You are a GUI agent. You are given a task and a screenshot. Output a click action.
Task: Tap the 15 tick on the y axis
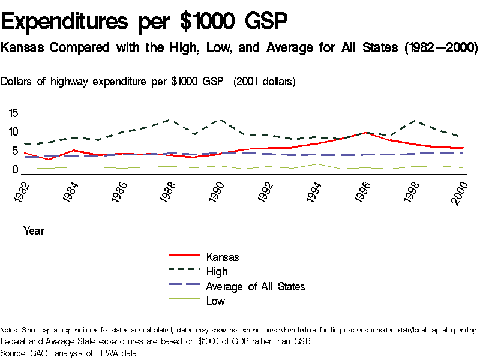[x=14, y=113]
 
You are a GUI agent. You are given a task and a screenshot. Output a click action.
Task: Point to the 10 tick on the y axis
[x=14, y=132]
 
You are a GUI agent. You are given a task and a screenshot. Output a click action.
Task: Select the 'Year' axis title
[x=34, y=230]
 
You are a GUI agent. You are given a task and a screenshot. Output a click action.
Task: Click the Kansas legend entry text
[x=223, y=257]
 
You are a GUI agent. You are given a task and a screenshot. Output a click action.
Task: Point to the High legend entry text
[x=217, y=272]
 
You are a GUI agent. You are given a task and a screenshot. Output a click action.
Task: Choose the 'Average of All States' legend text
[x=255, y=286]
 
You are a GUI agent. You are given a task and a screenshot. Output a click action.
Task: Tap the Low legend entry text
[x=215, y=301]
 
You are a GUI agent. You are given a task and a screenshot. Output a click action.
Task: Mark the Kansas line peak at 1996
[x=364, y=133]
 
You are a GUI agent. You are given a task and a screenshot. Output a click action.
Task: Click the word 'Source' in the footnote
[x=14, y=353]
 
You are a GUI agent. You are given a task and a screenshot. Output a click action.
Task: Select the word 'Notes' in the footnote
[x=9, y=330]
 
